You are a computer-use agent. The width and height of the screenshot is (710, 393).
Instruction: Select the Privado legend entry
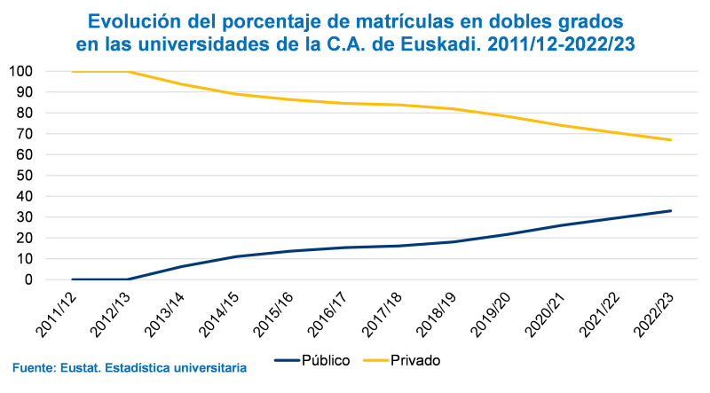point(415,360)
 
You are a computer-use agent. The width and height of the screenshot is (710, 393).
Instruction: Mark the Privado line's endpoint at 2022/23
point(671,140)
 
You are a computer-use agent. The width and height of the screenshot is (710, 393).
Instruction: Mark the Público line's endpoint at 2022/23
point(671,210)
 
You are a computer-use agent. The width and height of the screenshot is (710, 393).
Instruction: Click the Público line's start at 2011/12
point(73,279)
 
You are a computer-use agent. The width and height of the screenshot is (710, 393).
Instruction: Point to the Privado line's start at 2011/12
point(73,71)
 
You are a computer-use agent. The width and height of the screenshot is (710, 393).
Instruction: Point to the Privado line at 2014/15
point(236,94)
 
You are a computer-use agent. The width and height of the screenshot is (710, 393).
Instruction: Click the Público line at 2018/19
point(454,241)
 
